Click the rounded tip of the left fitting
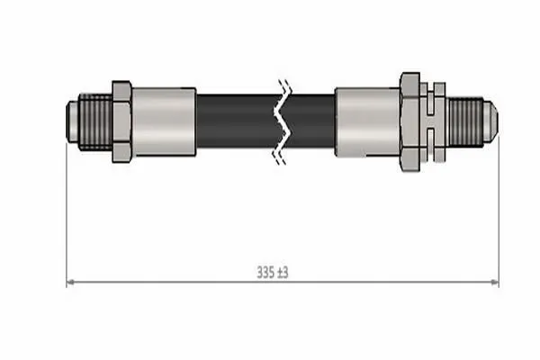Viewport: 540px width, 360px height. tap(72, 121)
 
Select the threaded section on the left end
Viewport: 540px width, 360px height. tap(95, 121)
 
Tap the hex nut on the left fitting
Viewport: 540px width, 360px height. tap(121, 121)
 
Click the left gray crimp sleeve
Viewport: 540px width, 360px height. tap(164, 121)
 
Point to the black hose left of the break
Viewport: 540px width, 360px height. tap(237, 121)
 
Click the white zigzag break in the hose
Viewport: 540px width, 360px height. tap(283, 121)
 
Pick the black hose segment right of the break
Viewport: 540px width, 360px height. tap(311, 121)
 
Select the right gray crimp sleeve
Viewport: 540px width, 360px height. tap(367, 121)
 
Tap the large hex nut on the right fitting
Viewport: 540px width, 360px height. tap(409, 121)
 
